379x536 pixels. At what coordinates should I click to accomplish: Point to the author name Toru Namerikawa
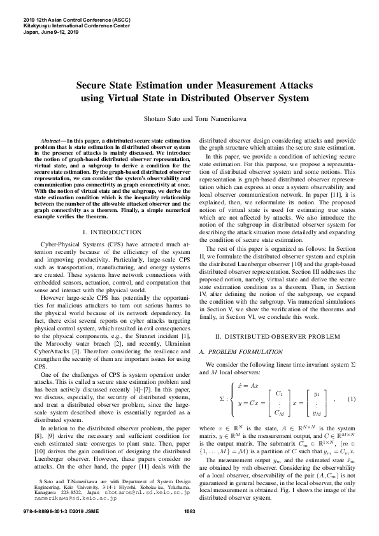tap(213, 118)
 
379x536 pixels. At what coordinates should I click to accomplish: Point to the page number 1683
tap(189, 530)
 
